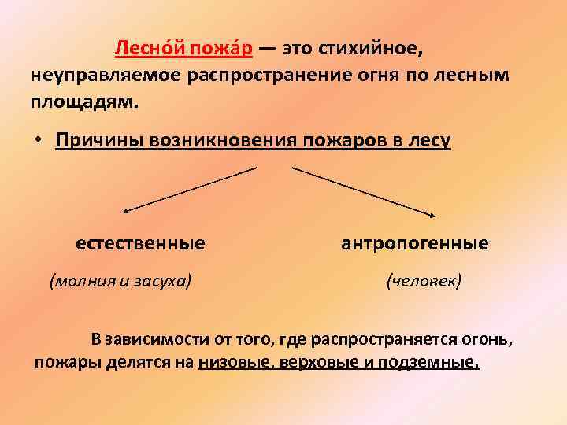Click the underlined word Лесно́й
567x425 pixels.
point(146,49)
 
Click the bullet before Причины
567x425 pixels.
point(38,140)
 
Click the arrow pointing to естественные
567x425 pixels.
point(189,190)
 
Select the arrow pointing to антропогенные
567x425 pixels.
point(364,190)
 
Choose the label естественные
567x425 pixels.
point(140,244)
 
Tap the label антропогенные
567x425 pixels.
point(414,244)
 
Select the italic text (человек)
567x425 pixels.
point(424,280)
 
